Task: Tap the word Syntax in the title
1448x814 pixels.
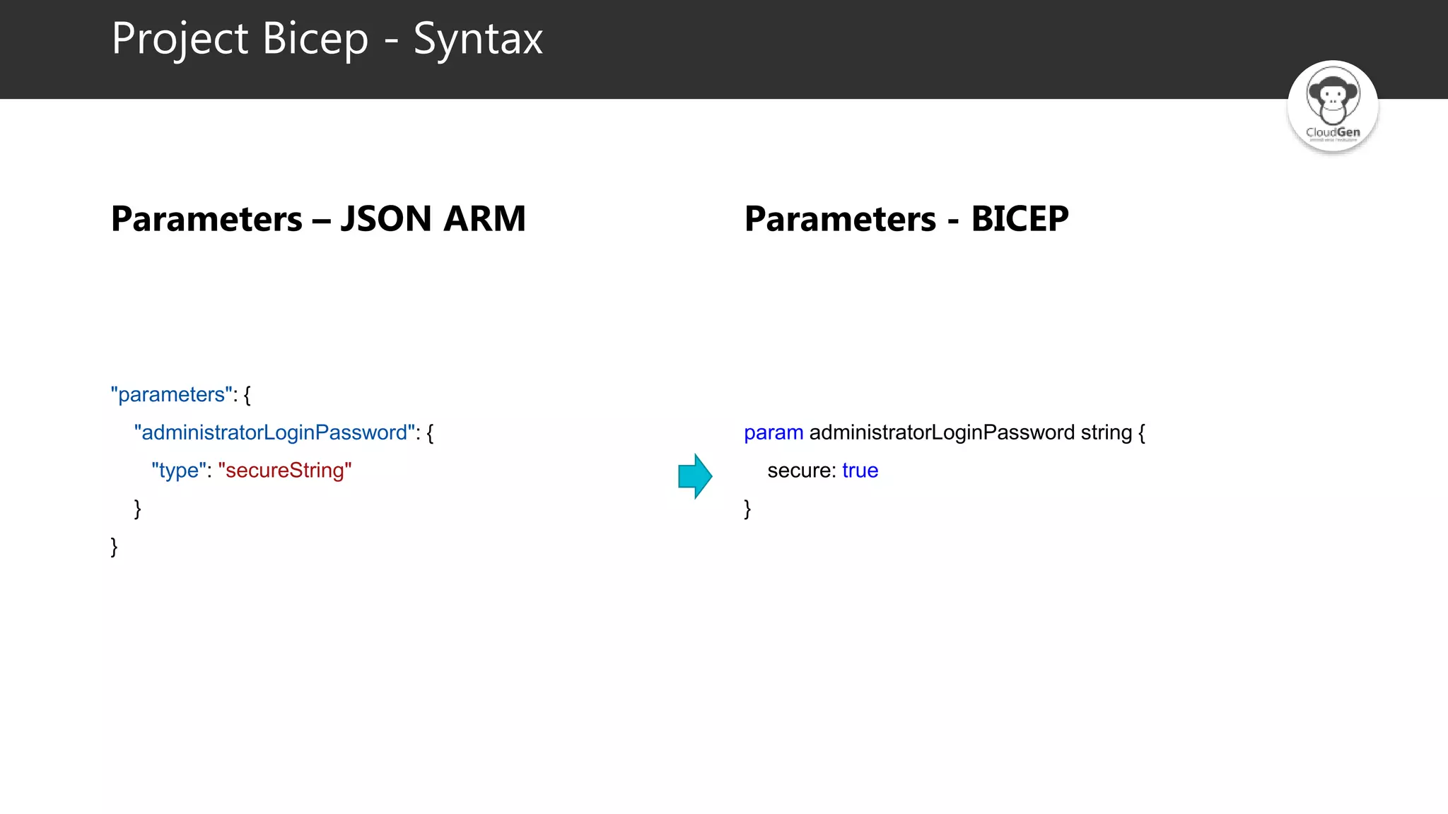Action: [x=478, y=40]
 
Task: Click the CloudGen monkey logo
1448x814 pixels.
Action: [x=1333, y=106]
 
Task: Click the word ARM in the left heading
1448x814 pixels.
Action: [x=485, y=218]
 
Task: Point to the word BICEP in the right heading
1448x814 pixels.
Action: [x=1020, y=218]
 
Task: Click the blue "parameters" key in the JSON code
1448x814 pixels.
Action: [x=172, y=394]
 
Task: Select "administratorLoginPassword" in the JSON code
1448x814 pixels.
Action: [x=274, y=432]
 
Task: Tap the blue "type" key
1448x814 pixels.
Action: [x=179, y=471]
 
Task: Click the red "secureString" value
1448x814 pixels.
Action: [x=285, y=471]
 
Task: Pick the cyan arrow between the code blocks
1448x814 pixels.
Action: [x=695, y=476]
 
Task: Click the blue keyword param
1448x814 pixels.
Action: [x=773, y=432]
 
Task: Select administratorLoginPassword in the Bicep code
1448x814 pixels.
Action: [x=942, y=432]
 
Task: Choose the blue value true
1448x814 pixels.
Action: [x=860, y=471]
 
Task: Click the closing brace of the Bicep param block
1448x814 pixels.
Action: [x=747, y=509]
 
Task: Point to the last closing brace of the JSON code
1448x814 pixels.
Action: [x=115, y=547]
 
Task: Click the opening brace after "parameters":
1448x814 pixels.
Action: [x=247, y=395]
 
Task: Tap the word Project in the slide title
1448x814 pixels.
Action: [x=180, y=40]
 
